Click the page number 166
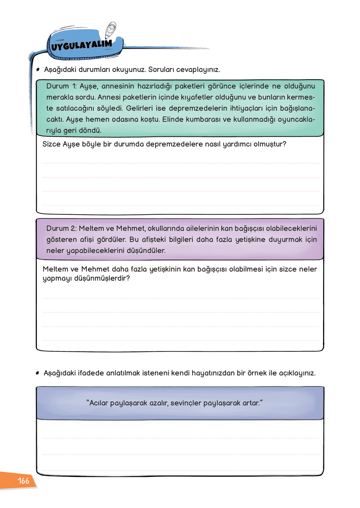tap(23, 481)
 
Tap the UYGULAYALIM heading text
tap(81, 45)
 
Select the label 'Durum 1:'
tap(62, 86)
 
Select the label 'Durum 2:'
tap(62, 229)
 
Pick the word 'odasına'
tap(125, 120)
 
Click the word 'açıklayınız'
tap(297, 373)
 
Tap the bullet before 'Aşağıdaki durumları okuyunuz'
tap(38, 69)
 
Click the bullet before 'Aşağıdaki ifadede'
tap(37, 373)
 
